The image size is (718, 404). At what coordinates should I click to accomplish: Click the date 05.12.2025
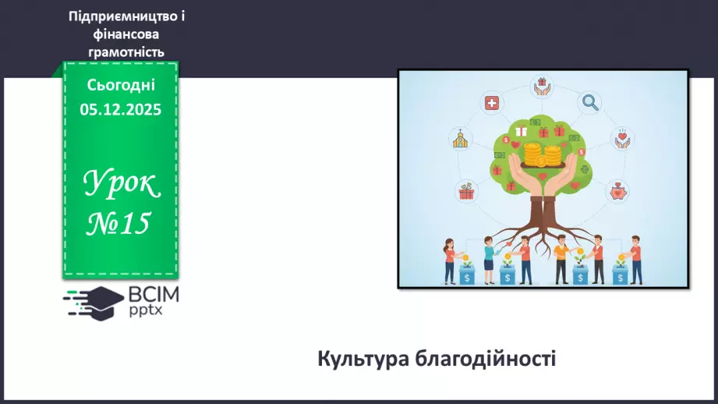[x=120, y=109]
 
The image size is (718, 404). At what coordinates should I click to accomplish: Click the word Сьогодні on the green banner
[x=121, y=85]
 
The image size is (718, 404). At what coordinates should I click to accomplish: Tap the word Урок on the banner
[x=122, y=183]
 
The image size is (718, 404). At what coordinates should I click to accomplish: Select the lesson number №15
[x=118, y=224]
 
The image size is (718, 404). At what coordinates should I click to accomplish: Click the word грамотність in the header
[x=126, y=51]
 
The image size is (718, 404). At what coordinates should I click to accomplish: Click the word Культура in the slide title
[x=363, y=358]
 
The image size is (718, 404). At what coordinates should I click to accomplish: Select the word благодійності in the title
[x=486, y=358]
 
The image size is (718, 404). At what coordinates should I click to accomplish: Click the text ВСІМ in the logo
[x=154, y=295]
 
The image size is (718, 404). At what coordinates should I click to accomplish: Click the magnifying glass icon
[x=590, y=102]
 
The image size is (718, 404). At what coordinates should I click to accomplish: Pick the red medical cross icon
[x=492, y=103]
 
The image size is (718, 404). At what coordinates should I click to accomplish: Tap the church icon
[x=460, y=138]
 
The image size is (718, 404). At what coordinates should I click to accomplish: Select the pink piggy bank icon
[x=617, y=192]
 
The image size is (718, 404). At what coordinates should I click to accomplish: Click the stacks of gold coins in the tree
[x=542, y=155]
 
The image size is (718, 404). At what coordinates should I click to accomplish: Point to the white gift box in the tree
[x=521, y=132]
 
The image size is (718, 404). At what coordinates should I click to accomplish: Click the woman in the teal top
[x=489, y=260]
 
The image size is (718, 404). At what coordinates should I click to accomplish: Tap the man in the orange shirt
[x=561, y=259]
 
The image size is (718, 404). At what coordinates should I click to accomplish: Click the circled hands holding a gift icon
[x=542, y=86]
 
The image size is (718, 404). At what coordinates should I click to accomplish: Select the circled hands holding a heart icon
[x=622, y=138]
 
